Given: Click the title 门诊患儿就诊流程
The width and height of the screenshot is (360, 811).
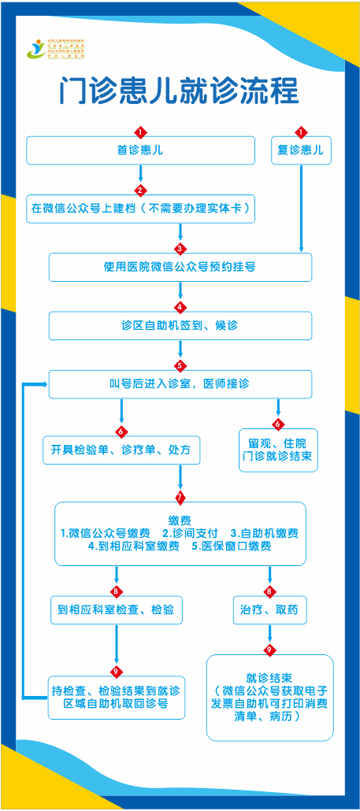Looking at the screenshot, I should tap(180, 90).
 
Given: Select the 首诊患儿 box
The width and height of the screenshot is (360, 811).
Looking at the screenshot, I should tap(140, 150).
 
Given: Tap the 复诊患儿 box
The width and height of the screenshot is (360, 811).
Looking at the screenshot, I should tap(301, 150).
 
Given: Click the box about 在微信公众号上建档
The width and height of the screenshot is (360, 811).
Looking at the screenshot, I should tap(140, 209).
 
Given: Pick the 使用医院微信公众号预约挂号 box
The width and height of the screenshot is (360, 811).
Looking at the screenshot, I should tap(180, 267).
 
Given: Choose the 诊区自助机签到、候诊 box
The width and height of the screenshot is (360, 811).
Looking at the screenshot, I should tap(180, 325).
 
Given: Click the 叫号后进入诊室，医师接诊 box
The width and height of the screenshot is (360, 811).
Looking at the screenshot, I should tap(180, 383).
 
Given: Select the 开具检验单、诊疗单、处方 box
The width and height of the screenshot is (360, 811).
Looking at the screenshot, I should tap(121, 450).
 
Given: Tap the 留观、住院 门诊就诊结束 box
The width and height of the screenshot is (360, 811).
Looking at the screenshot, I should tap(278, 450).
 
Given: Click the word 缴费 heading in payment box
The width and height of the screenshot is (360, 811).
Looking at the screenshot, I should tap(180, 520).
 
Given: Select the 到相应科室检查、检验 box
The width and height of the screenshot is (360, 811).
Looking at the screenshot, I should tap(116, 609).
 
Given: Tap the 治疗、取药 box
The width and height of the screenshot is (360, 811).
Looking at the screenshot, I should tap(269, 609).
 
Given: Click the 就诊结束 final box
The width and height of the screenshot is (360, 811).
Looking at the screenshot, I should tap(269, 697).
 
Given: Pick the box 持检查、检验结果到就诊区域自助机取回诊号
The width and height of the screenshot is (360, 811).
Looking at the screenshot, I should tap(116, 697).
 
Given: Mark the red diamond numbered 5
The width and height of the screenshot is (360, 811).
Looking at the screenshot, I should tap(180, 365).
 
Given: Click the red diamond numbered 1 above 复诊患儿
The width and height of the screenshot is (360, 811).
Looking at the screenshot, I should tap(301, 131).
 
